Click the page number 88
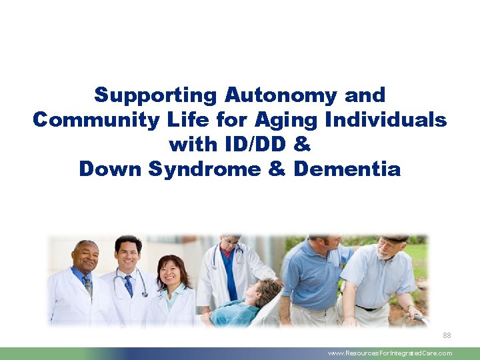pos(446,335)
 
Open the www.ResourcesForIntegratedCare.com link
pos(389,353)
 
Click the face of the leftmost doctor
pos(85,257)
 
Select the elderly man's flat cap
pos(396,238)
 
